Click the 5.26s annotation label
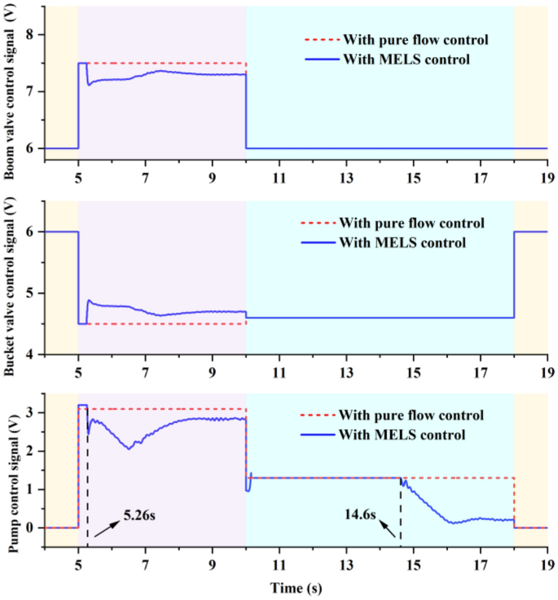pos(144,515)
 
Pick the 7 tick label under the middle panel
pos(145,367)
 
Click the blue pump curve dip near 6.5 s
pos(129,449)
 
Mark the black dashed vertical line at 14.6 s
pos(400,509)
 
